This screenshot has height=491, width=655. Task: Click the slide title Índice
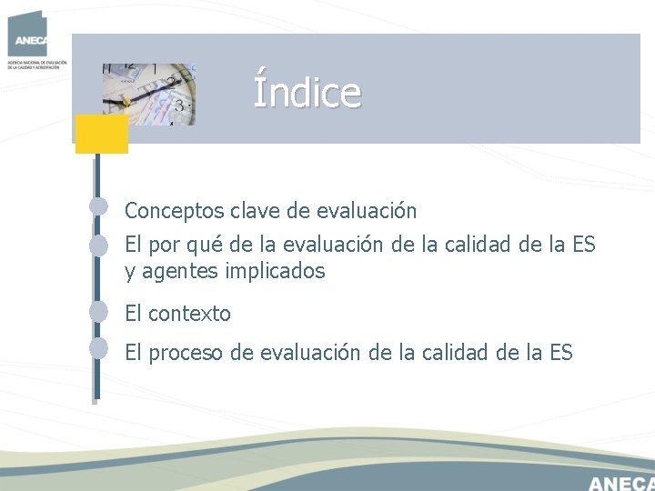click(x=307, y=91)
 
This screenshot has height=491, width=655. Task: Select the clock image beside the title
click(x=150, y=93)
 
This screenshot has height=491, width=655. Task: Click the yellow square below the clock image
click(x=101, y=134)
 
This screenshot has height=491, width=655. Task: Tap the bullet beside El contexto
click(x=100, y=311)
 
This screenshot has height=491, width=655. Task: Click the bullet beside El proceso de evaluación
click(x=100, y=349)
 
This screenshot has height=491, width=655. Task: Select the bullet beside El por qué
click(x=100, y=245)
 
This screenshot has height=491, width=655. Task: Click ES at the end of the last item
click(x=561, y=353)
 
